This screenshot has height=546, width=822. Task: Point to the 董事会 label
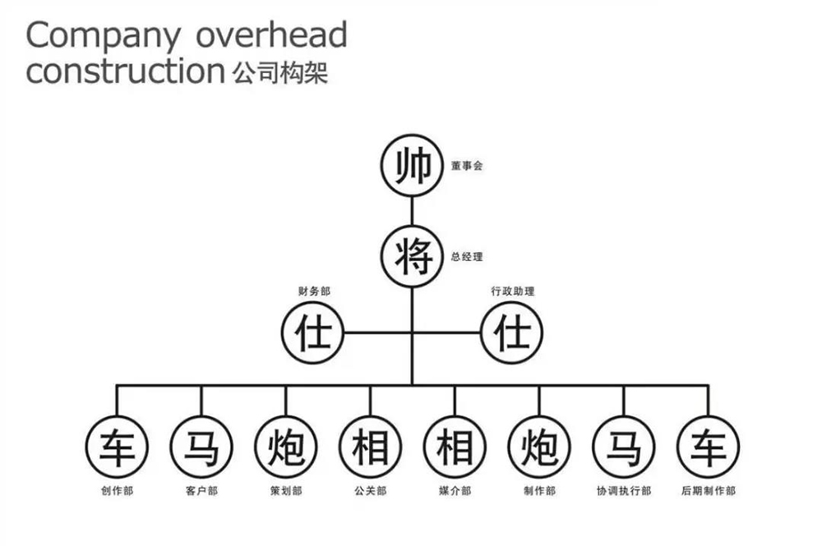(467, 166)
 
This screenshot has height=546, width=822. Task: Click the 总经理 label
(467, 257)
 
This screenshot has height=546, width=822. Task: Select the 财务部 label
(314, 291)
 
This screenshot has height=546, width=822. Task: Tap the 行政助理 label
(513, 291)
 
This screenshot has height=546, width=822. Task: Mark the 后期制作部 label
(709, 491)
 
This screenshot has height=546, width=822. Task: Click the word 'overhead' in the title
(271, 34)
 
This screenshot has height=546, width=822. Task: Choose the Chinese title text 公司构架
(280, 72)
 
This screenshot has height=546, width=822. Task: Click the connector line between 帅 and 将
(412, 211)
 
